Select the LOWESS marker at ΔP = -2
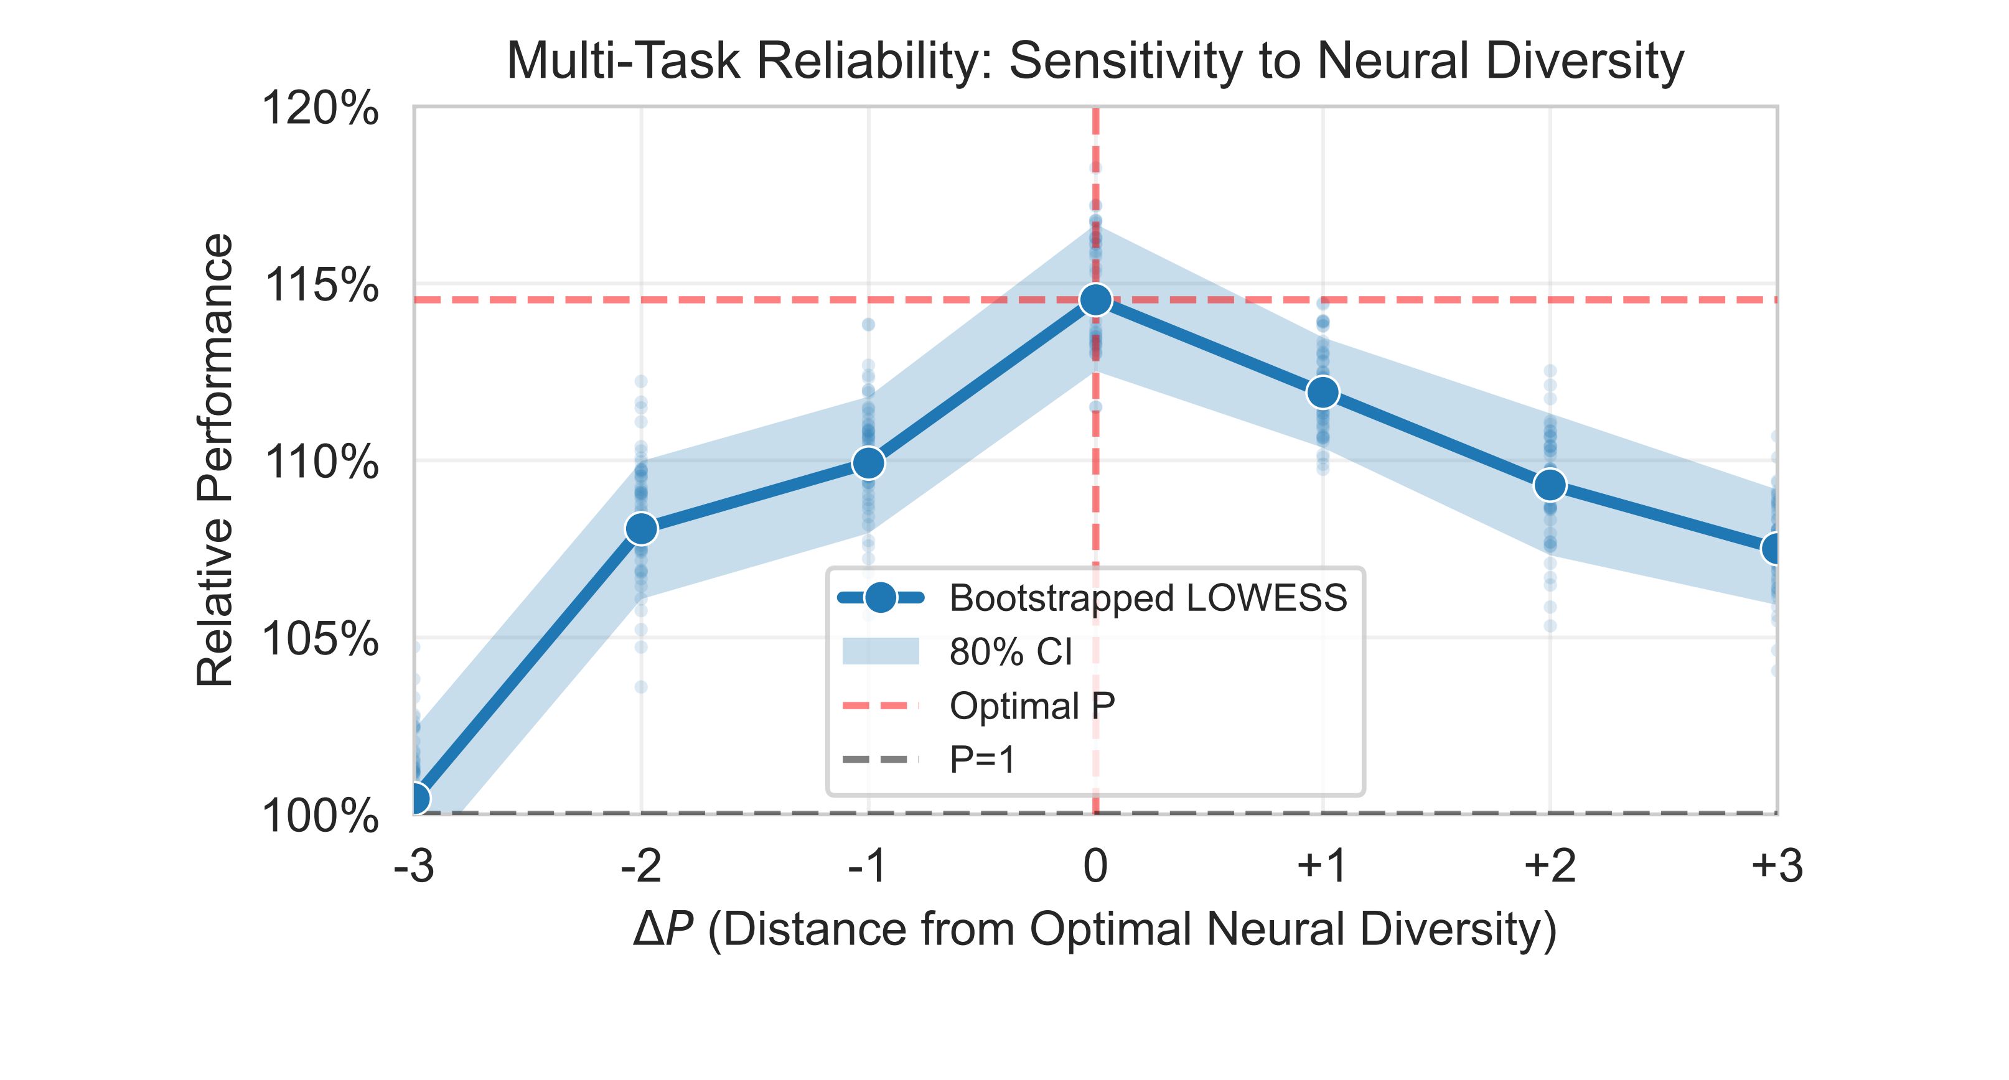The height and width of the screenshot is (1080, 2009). coord(641,529)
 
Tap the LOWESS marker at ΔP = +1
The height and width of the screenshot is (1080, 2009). coord(1323,391)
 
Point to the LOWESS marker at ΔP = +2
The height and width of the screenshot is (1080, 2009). coord(1550,485)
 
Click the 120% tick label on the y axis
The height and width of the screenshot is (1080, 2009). coord(321,108)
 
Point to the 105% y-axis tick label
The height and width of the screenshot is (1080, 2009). coord(321,640)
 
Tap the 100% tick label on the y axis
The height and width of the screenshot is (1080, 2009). coord(321,816)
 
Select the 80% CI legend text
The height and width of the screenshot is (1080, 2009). coord(1011,652)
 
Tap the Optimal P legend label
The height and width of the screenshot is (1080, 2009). coord(1032,705)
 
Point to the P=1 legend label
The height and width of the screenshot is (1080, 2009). coord(983,760)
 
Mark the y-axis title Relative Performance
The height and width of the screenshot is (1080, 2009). coord(215,460)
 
